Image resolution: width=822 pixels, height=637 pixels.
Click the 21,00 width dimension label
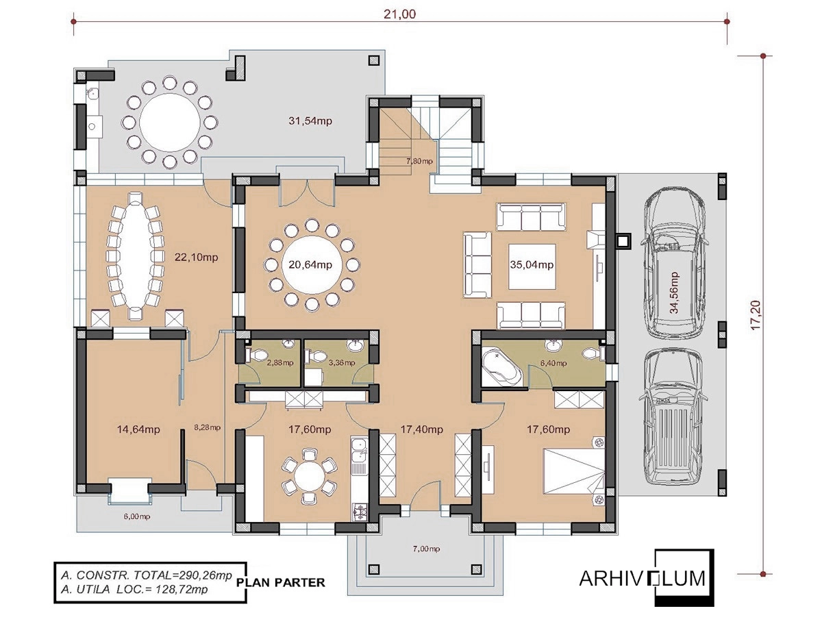[x=399, y=14]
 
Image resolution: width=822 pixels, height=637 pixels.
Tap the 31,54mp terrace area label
[x=310, y=121]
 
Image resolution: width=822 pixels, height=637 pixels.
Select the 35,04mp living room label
[x=532, y=264]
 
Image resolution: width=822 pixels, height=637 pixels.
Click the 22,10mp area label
[x=197, y=258]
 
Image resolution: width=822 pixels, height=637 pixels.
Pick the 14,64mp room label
[x=138, y=429]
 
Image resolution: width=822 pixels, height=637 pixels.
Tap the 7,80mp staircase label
[x=419, y=161]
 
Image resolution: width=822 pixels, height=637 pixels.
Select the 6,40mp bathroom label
[x=553, y=363]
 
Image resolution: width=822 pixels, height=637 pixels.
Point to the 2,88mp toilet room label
[x=280, y=363]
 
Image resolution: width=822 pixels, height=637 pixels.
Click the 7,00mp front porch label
[x=426, y=549]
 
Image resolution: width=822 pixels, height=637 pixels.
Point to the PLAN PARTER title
[x=281, y=582]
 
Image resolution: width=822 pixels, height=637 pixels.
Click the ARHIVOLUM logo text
[x=643, y=579]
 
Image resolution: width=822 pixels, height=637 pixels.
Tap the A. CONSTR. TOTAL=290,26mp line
[x=146, y=575]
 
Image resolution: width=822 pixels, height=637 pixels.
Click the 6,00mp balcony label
[x=137, y=516]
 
